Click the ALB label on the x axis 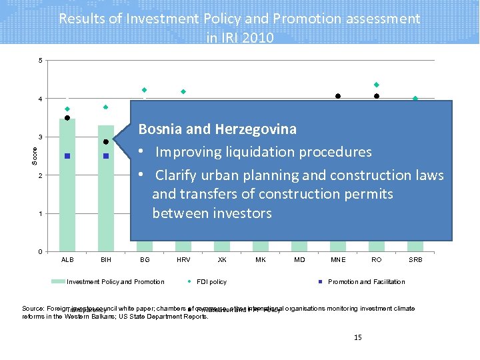(x=67, y=259)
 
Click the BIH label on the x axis (x=105, y=259)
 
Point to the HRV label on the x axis (x=183, y=259)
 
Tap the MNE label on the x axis (x=338, y=259)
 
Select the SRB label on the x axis (x=415, y=259)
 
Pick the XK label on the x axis (x=222, y=259)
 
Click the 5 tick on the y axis (x=40, y=61)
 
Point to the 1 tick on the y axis (x=40, y=214)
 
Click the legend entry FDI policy (x=213, y=282)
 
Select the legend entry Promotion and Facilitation (x=366, y=282)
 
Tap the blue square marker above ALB (x=67, y=156)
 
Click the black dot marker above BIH (x=106, y=142)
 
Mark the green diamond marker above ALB (x=67, y=109)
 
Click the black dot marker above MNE (x=338, y=97)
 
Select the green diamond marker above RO (x=377, y=85)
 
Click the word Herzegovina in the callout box (x=255, y=129)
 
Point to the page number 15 (x=358, y=338)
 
